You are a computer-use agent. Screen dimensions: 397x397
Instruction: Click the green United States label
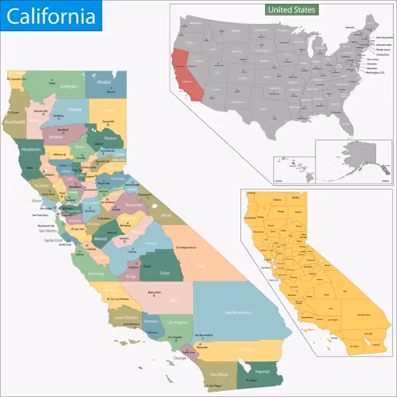tap(291, 10)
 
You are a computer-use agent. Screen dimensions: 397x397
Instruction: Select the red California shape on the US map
tap(187, 74)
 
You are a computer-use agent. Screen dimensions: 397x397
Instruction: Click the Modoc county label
tap(104, 81)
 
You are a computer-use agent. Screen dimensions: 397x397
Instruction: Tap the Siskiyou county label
tap(68, 87)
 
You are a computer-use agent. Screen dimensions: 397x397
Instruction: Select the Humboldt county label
tap(15, 123)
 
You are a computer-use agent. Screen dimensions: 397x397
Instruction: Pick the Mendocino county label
tap(31, 148)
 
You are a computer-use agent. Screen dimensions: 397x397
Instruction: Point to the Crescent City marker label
tap(18, 79)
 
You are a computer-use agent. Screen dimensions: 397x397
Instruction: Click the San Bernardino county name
tap(237, 312)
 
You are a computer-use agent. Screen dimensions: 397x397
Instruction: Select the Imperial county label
tap(263, 371)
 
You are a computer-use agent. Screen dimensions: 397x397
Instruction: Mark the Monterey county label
tap(96, 274)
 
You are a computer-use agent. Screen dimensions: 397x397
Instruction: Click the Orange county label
tap(180, 357)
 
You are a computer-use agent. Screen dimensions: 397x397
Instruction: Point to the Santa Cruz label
tap(52, 241)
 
